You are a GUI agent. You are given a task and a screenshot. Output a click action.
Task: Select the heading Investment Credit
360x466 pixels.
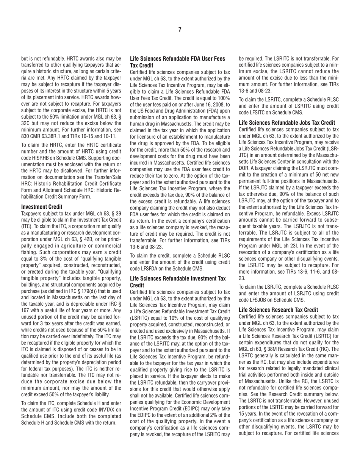[42, 207]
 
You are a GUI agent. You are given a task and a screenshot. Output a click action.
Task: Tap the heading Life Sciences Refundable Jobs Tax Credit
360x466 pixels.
[287, 123]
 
